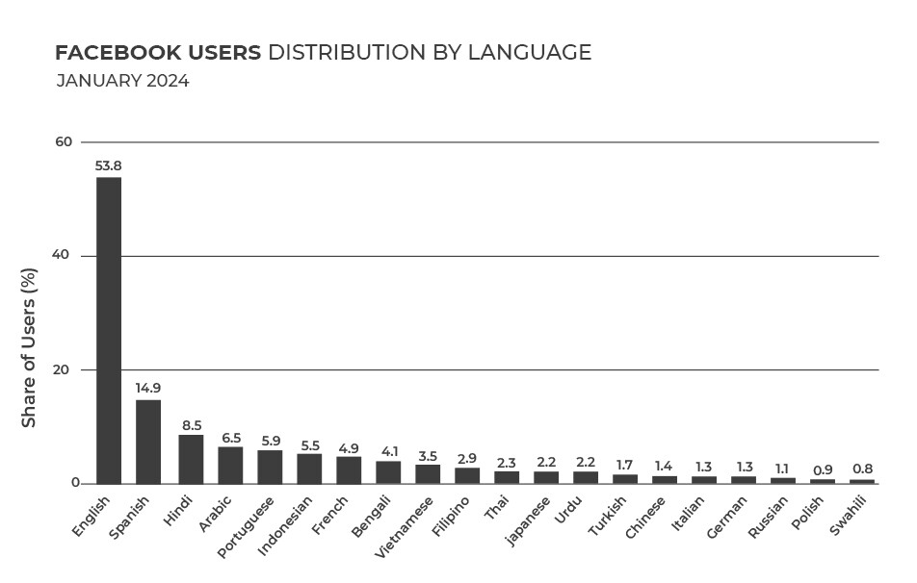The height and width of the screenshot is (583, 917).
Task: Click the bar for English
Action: point(108,330)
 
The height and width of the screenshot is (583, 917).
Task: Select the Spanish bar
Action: point(148,442)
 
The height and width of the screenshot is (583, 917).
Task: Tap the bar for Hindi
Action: point(191,459)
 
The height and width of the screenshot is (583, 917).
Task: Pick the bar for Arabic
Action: point(230,465)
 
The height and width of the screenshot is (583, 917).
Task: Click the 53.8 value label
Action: point(108,165)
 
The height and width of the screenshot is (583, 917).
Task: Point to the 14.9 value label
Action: point(148,388)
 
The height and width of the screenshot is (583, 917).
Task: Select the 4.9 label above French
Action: point(348,448)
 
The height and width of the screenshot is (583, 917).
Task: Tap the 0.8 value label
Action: point(862,469)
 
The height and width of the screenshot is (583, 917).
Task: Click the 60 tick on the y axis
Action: point(64,142)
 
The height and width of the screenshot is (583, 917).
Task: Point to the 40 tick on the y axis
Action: point(64,256)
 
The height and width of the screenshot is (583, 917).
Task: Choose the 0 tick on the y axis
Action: point(67,484)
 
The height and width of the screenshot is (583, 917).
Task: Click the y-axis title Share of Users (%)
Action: point(30,348)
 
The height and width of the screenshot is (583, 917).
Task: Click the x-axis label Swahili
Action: point(851,517)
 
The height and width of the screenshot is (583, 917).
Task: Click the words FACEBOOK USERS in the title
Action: point(158,52)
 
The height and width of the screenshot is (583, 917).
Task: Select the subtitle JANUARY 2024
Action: point(122,81)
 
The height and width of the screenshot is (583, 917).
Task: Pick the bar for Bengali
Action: point(388,471)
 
